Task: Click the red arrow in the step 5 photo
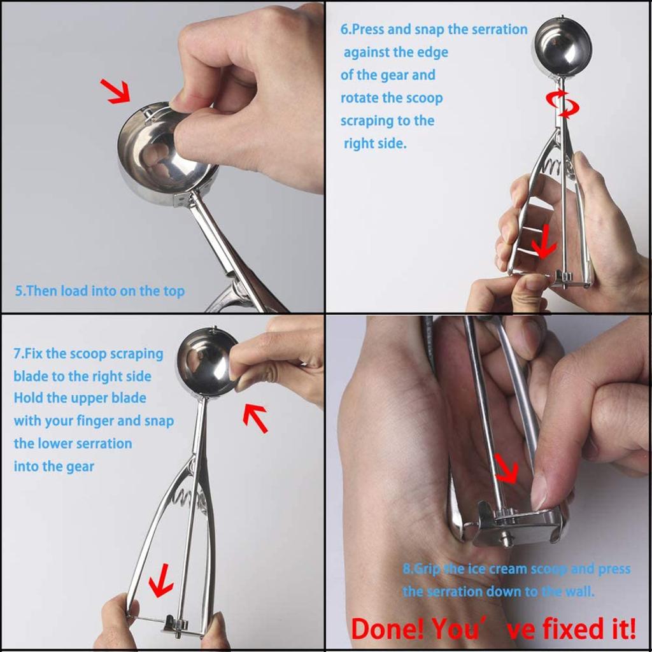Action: pyautogui.click(x=116, y=91)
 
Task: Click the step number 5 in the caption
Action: pyautogui.click(x=19, y=292)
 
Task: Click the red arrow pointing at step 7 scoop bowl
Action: pyautogui.click(x=256, y=417)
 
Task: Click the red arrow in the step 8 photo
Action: pyautogui.click(x=507, y=469)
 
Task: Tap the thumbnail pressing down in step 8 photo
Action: pyautogui.click(x=539, y=490)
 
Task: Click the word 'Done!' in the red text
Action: pyautogui.click(x=388, y=629)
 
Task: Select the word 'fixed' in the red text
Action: pyautogui.click(x=564, y=629)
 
